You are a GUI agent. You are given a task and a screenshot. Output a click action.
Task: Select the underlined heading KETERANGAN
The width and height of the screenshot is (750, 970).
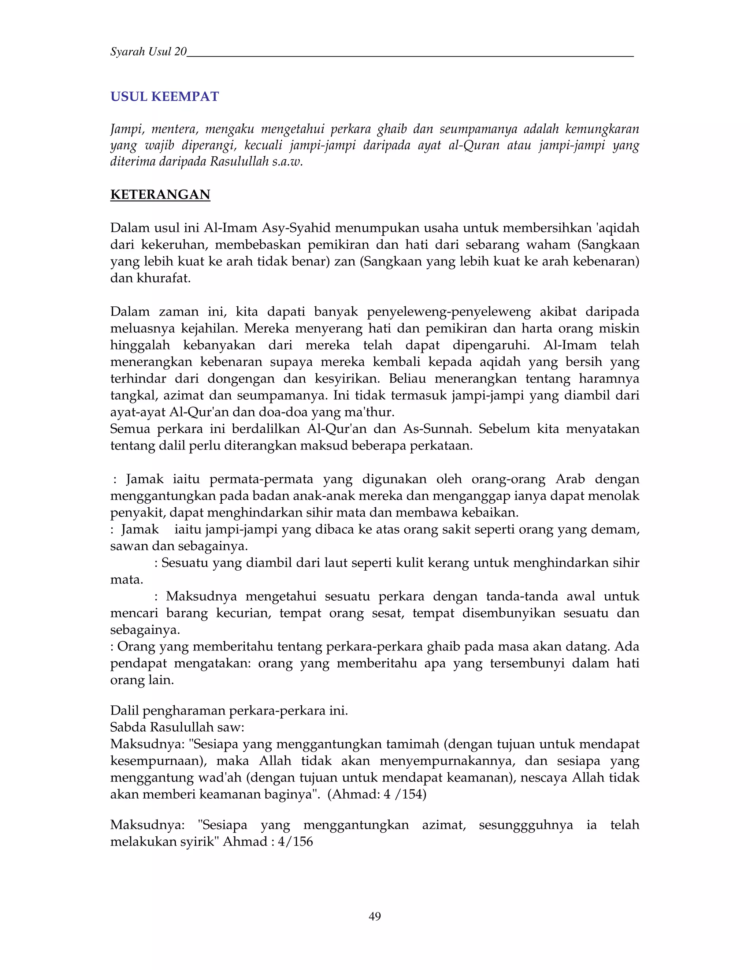(160, 194)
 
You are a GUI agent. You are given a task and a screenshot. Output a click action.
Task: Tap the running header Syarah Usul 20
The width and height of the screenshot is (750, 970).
(148, 52)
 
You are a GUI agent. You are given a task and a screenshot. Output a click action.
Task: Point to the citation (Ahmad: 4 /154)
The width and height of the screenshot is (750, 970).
(376, 794)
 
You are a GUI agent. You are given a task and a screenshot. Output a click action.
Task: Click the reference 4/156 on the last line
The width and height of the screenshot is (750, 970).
(295, 841)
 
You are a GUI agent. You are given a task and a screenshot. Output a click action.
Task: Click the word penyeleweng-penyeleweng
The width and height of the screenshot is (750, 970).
(449, 312)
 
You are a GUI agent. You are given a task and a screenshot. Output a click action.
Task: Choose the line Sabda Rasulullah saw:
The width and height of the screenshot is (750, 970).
(177, 727)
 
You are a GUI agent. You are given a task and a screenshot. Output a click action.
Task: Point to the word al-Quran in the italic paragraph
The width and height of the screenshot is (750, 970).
(474, 145)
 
